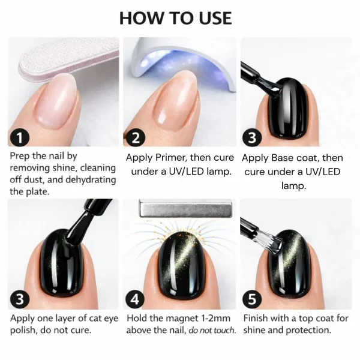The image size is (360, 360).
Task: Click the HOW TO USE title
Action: point(175,17)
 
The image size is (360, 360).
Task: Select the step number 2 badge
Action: point(136,137)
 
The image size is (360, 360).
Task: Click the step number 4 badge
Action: point(136,299)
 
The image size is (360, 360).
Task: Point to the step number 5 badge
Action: point(253,299)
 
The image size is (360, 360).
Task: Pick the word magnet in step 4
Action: point(186,318)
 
